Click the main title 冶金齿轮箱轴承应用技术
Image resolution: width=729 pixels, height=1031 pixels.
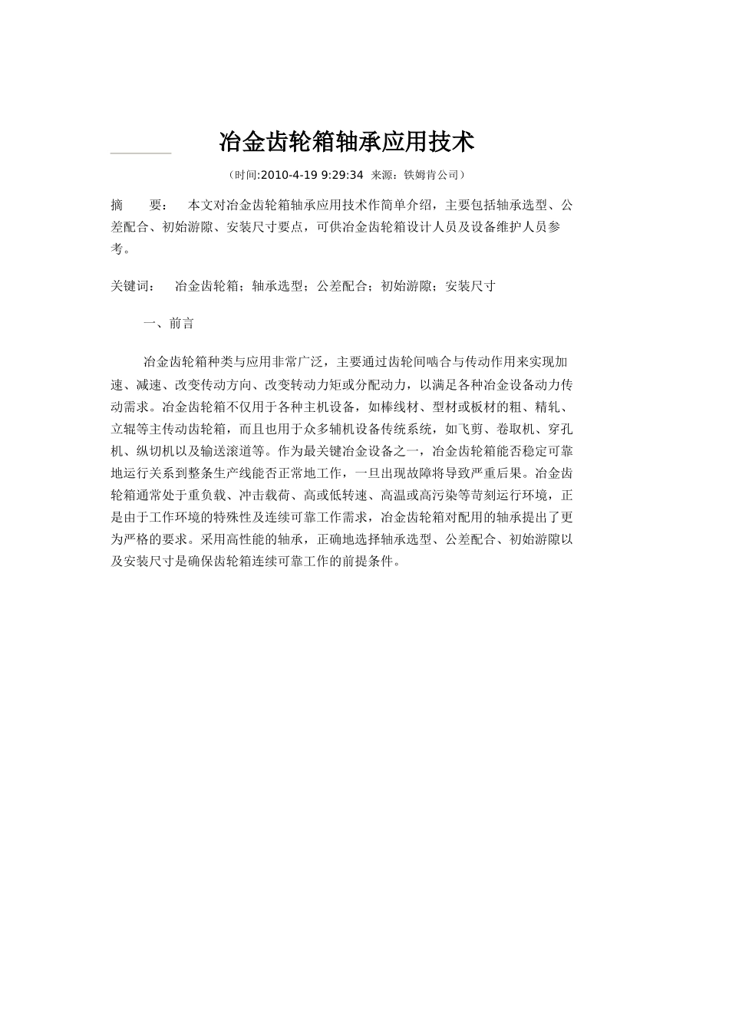[347, 141]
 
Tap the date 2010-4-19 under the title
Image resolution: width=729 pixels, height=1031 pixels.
[287, 175]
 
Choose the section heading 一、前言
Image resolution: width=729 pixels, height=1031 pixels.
[169, 324]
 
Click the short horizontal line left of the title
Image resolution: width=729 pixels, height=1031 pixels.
[140, 153]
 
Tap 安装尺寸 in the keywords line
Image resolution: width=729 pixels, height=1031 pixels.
[470, 286]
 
